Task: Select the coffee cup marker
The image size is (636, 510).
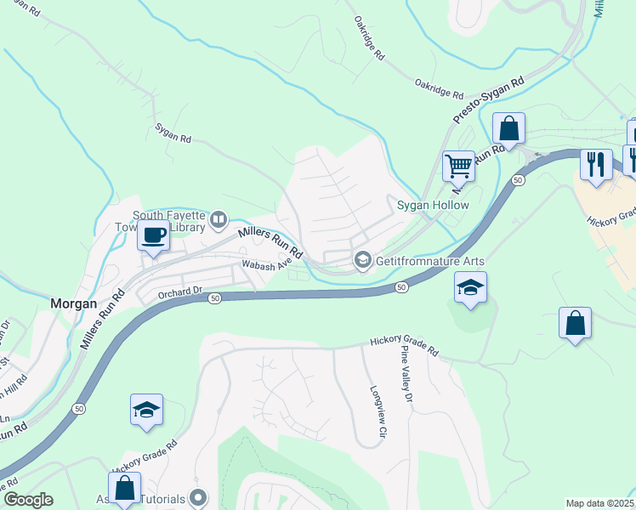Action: click(x=154, y=236)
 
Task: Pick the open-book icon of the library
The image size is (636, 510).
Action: click(x=219, y=221)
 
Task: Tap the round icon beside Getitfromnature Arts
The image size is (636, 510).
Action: click(x=363, y=259)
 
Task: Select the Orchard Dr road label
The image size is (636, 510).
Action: click(x=179, y=291)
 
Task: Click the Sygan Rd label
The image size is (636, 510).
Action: click(x=173, y=132)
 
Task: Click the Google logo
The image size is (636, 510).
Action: click(x=27, y=499)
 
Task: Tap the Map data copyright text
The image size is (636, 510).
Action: click(x=599, y=503)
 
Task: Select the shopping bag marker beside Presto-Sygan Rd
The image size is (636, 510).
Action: click(x=508, y=129)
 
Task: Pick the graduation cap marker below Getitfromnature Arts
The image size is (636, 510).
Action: click(x=470, y=287)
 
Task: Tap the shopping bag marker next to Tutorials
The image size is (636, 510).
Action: click(x=125, y=489)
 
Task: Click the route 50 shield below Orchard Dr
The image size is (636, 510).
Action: click(x=215, y=298)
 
